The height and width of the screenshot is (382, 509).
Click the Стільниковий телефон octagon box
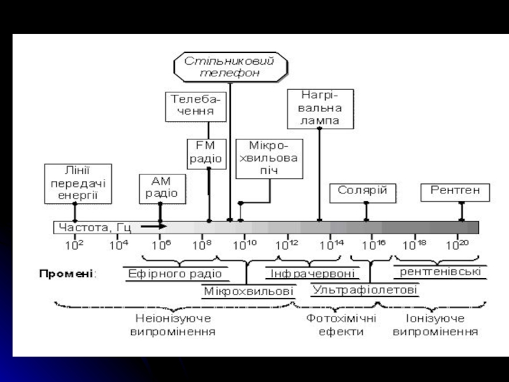tap(230, 67)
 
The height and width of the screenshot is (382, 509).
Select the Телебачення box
tap(197, 106)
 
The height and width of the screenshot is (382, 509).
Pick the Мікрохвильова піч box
tap(268, 159)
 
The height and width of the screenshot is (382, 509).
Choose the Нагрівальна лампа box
tap(320, 108)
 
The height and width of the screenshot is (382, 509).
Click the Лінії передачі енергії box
tap(75, 183)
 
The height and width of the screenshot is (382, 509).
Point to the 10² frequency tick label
tap(76, 243)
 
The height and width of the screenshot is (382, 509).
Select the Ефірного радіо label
tap(175, 274)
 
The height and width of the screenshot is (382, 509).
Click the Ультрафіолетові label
tap(365, 290)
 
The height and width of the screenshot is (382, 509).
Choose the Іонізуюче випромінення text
tap(435, 325)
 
